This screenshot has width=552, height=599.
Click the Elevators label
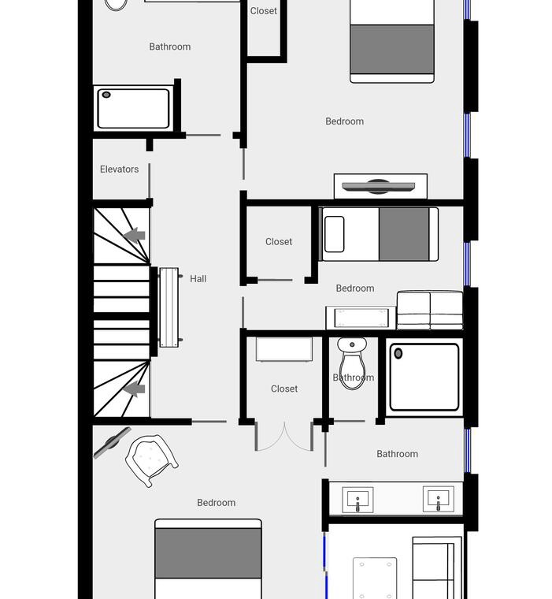pyautogui.click(x=119, y=169)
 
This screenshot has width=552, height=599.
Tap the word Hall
pyautogui.click(x=198, y=279)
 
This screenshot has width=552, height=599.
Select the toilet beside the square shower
pyautogui.click(x=352, y=363)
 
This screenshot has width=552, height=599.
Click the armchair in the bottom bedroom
pyautogui.click(x=151, y=460)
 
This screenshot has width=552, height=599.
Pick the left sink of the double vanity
pyautogui.click(x=358, y=500)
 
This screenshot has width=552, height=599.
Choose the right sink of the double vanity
pyautogui.click(x=439, y=499)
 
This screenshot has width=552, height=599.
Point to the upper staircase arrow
pyautogui.click(x=135, y=235)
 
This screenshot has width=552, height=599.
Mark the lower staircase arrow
pyautogui.click(x=135, y=389)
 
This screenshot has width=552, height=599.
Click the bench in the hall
pyautogui.click(x=169, y=307)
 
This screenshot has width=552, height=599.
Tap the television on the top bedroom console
pyautogui.click(x=378, y=187)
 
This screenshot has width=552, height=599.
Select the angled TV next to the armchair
pyautogui.click(x=113, y=442)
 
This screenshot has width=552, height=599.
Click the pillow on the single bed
pyautogui.click(x=334, y=234)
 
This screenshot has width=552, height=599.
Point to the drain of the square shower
pyautogui.click(x=398, y=353)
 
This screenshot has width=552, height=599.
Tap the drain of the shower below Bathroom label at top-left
pyautogui.click(x=106, y=95)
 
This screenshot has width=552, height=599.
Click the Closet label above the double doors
pyautogui.click(x=284, y=389)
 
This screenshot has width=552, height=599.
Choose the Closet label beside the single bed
pyautogui.click(x=279, y=242)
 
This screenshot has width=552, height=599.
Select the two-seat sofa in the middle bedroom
pyautogui.click(x=430, y=311)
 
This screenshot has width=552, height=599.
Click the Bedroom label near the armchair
pyautogui.click(x=216, y=503)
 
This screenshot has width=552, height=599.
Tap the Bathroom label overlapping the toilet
pyautogui.click(x=353, y=378)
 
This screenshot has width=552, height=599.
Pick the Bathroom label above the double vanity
pyautogui.click(x=397, y=454)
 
